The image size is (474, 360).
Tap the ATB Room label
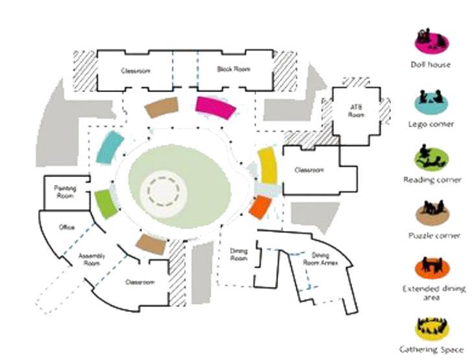(x=357, y=110)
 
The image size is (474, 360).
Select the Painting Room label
(x=65, y=191)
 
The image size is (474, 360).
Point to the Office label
(x=66, y=228)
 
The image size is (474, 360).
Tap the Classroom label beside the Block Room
(x=135, y=70)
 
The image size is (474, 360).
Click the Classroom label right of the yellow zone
(x=309, y=171)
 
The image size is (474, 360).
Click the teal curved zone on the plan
(x=109, y=147)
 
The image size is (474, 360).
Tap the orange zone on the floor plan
(x=259, y=207)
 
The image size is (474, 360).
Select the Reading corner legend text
(x=432, y=180)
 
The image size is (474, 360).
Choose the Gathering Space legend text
(x=432, y=349)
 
